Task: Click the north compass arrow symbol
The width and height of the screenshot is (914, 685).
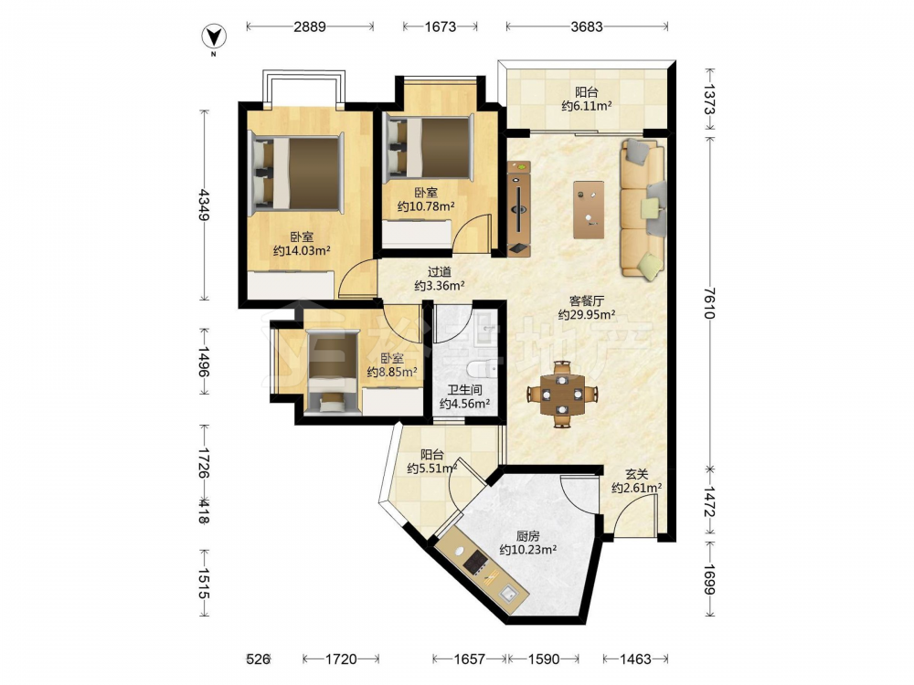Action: click(x=214, y=37)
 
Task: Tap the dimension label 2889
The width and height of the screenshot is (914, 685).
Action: click(x=310, y=26)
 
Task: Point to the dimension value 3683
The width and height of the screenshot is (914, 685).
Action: click(x=587, y=26)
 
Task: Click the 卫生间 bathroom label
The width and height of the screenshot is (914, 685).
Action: click(x=464, y=390)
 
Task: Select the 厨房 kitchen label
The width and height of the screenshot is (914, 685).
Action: click(x=527, y=536)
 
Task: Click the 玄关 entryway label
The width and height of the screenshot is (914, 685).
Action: click(x=636, y=475)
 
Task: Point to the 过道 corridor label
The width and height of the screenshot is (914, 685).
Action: click(x=440, y=272)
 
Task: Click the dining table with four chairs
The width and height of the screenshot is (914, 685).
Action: click(x=562, y=395)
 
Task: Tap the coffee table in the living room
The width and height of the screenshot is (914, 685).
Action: click(x=588, y=210)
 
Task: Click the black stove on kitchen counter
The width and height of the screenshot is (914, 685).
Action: click(x=475, y=562)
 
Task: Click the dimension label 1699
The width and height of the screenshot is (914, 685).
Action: click(x=709, y=579)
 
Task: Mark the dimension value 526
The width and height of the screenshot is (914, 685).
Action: click(x=258, y=659)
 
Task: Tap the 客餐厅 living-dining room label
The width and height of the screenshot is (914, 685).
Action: click(x=587, y=301)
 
